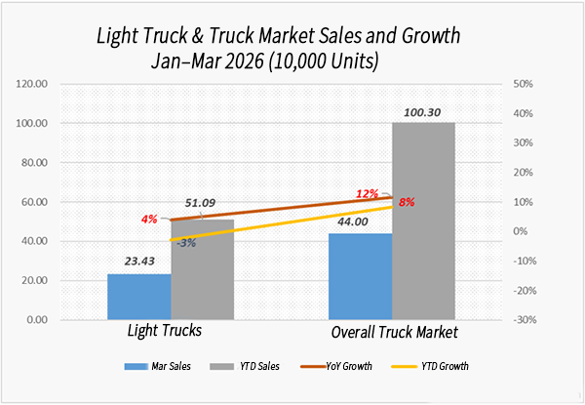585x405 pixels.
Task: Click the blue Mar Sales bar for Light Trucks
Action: coord(139,297)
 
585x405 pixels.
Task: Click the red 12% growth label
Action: coord(367,193)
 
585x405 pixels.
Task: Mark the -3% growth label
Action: coord(184,242)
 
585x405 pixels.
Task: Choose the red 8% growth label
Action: coord(407,202)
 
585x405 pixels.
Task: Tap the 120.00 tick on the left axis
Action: coord(32,84)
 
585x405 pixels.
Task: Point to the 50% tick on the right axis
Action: coord(522,84)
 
